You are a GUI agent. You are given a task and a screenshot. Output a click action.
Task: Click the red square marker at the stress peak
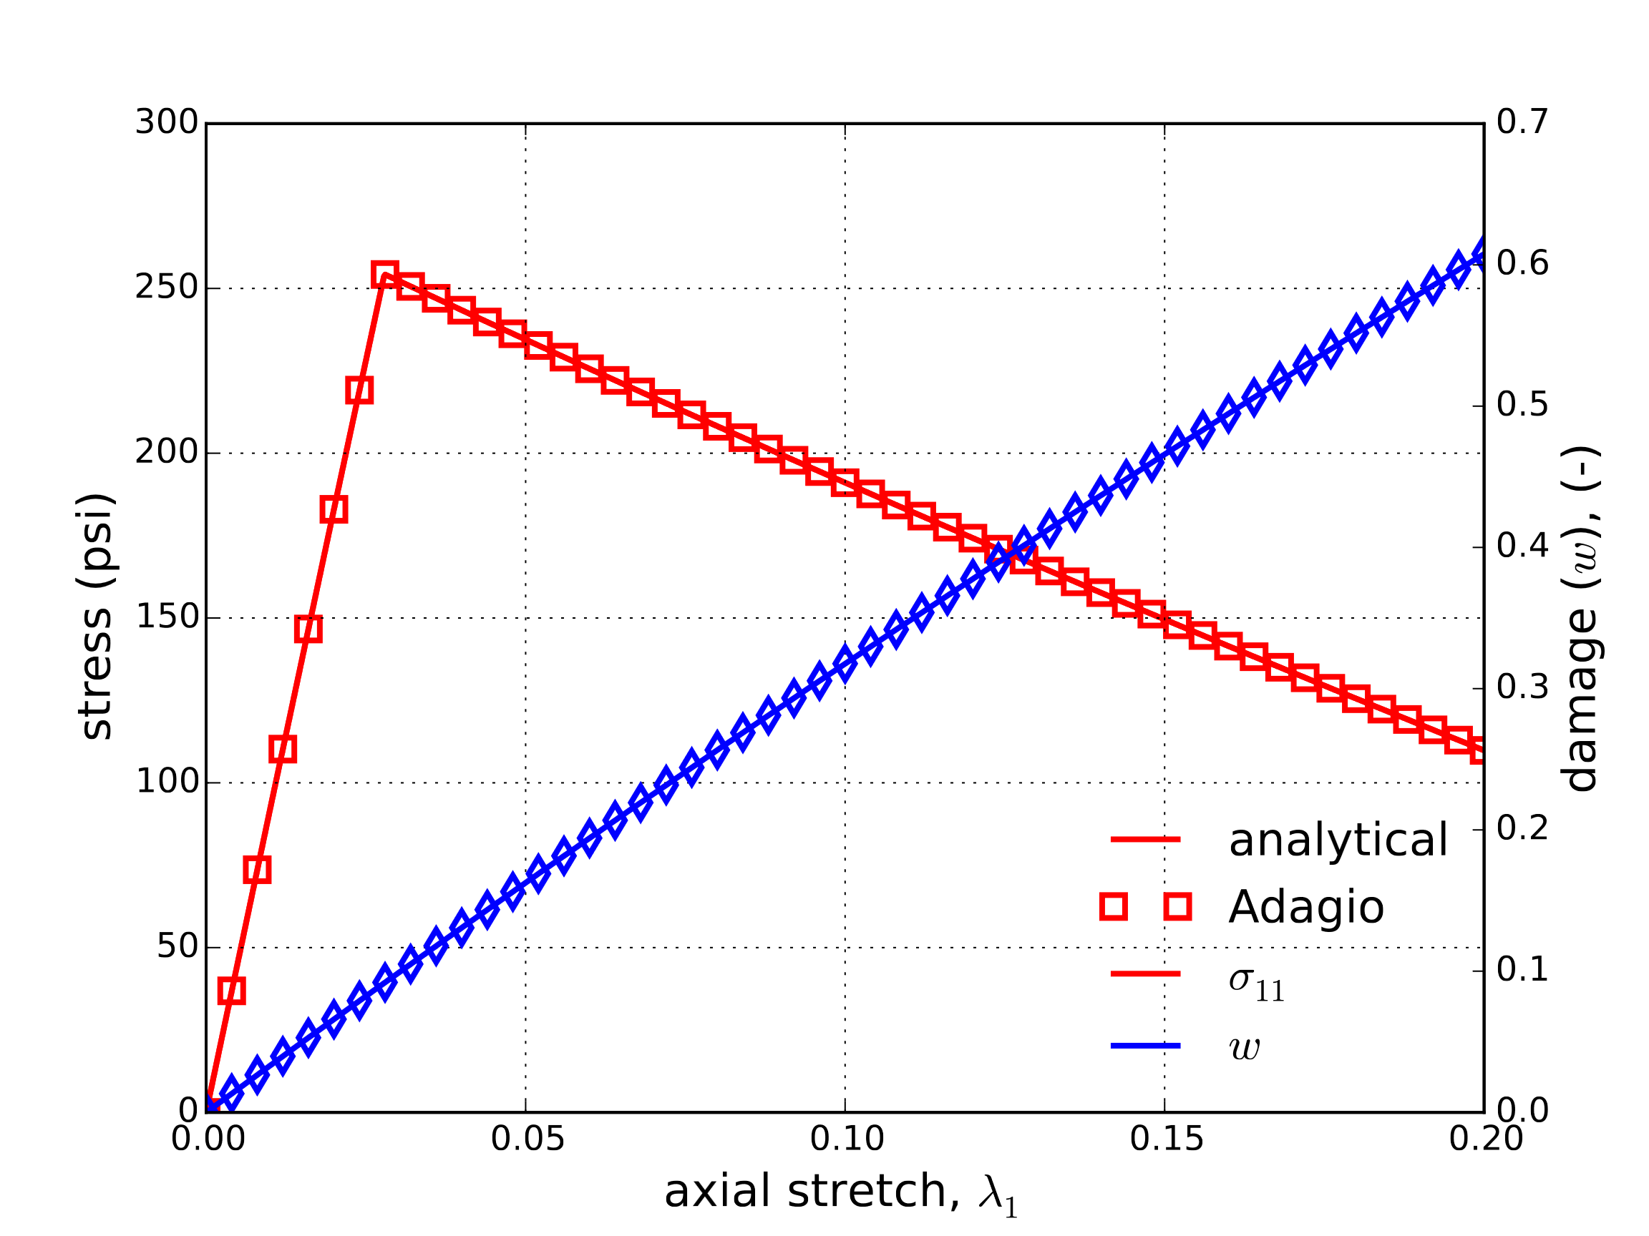tap(384, 275)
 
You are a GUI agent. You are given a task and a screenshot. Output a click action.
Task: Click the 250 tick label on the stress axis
tap(166, 288)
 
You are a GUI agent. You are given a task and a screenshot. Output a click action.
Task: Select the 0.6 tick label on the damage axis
tap(1522, 264)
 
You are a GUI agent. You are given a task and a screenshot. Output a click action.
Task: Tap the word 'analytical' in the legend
tap(1338, 840)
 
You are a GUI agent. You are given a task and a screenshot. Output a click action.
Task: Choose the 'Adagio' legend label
tap(1306, 908)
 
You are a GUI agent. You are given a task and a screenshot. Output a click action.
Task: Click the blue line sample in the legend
tap(1145, 1046)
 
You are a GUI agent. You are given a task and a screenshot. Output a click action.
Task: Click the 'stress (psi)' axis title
tap(95, 616)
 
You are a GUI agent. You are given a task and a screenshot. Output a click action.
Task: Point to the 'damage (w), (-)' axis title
tap(1580, 619)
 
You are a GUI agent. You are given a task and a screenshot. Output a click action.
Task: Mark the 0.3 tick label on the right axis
tap(1522, 687)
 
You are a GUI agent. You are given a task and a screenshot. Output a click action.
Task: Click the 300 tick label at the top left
tap(166, 122)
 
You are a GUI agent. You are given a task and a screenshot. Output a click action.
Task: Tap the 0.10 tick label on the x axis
tap(847, 1141)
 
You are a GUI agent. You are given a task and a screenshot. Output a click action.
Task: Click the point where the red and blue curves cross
tap(1008, 554)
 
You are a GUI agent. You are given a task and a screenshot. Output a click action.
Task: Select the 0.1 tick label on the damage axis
tap(1522, 970)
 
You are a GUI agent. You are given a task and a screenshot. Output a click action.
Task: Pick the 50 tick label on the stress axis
tap(177, 947)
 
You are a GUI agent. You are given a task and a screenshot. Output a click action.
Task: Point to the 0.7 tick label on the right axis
tap(1522, 122)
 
